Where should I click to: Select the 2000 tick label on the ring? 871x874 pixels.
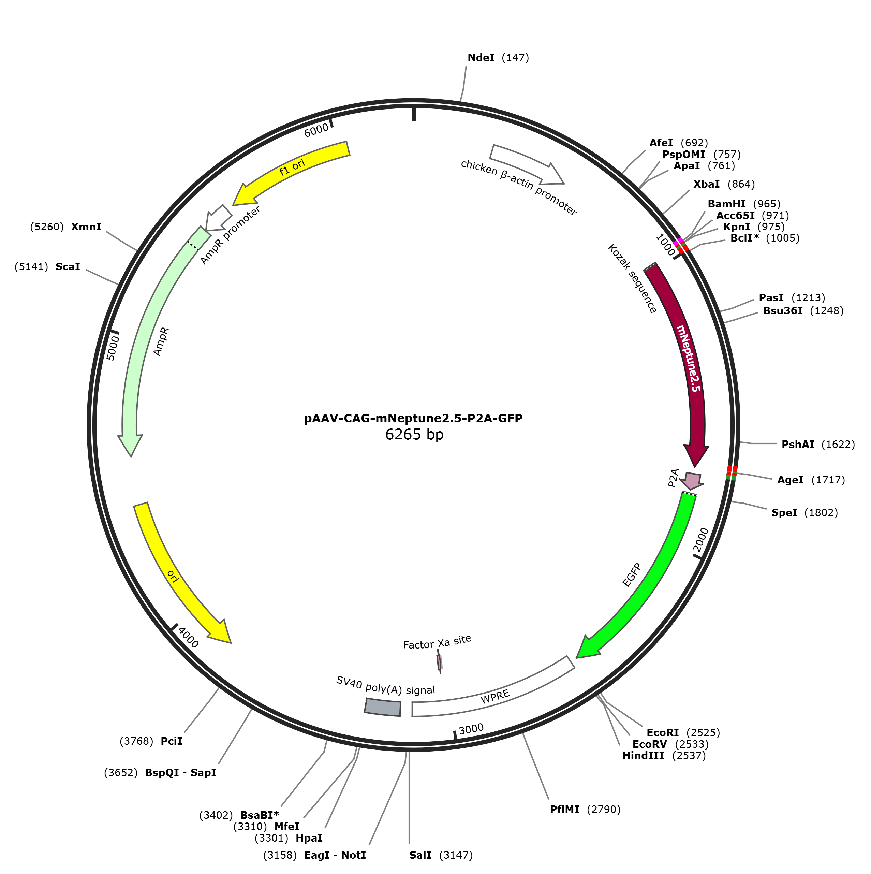tap(700, 540)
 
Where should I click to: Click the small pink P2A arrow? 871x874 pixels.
tap(693, 480)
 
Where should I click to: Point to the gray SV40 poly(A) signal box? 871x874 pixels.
tap(383, 707)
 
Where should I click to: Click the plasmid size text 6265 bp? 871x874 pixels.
tap(414, 434)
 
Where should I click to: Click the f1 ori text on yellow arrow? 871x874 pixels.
tap(292, 167)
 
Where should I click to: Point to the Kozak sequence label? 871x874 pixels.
tap(632, 278)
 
